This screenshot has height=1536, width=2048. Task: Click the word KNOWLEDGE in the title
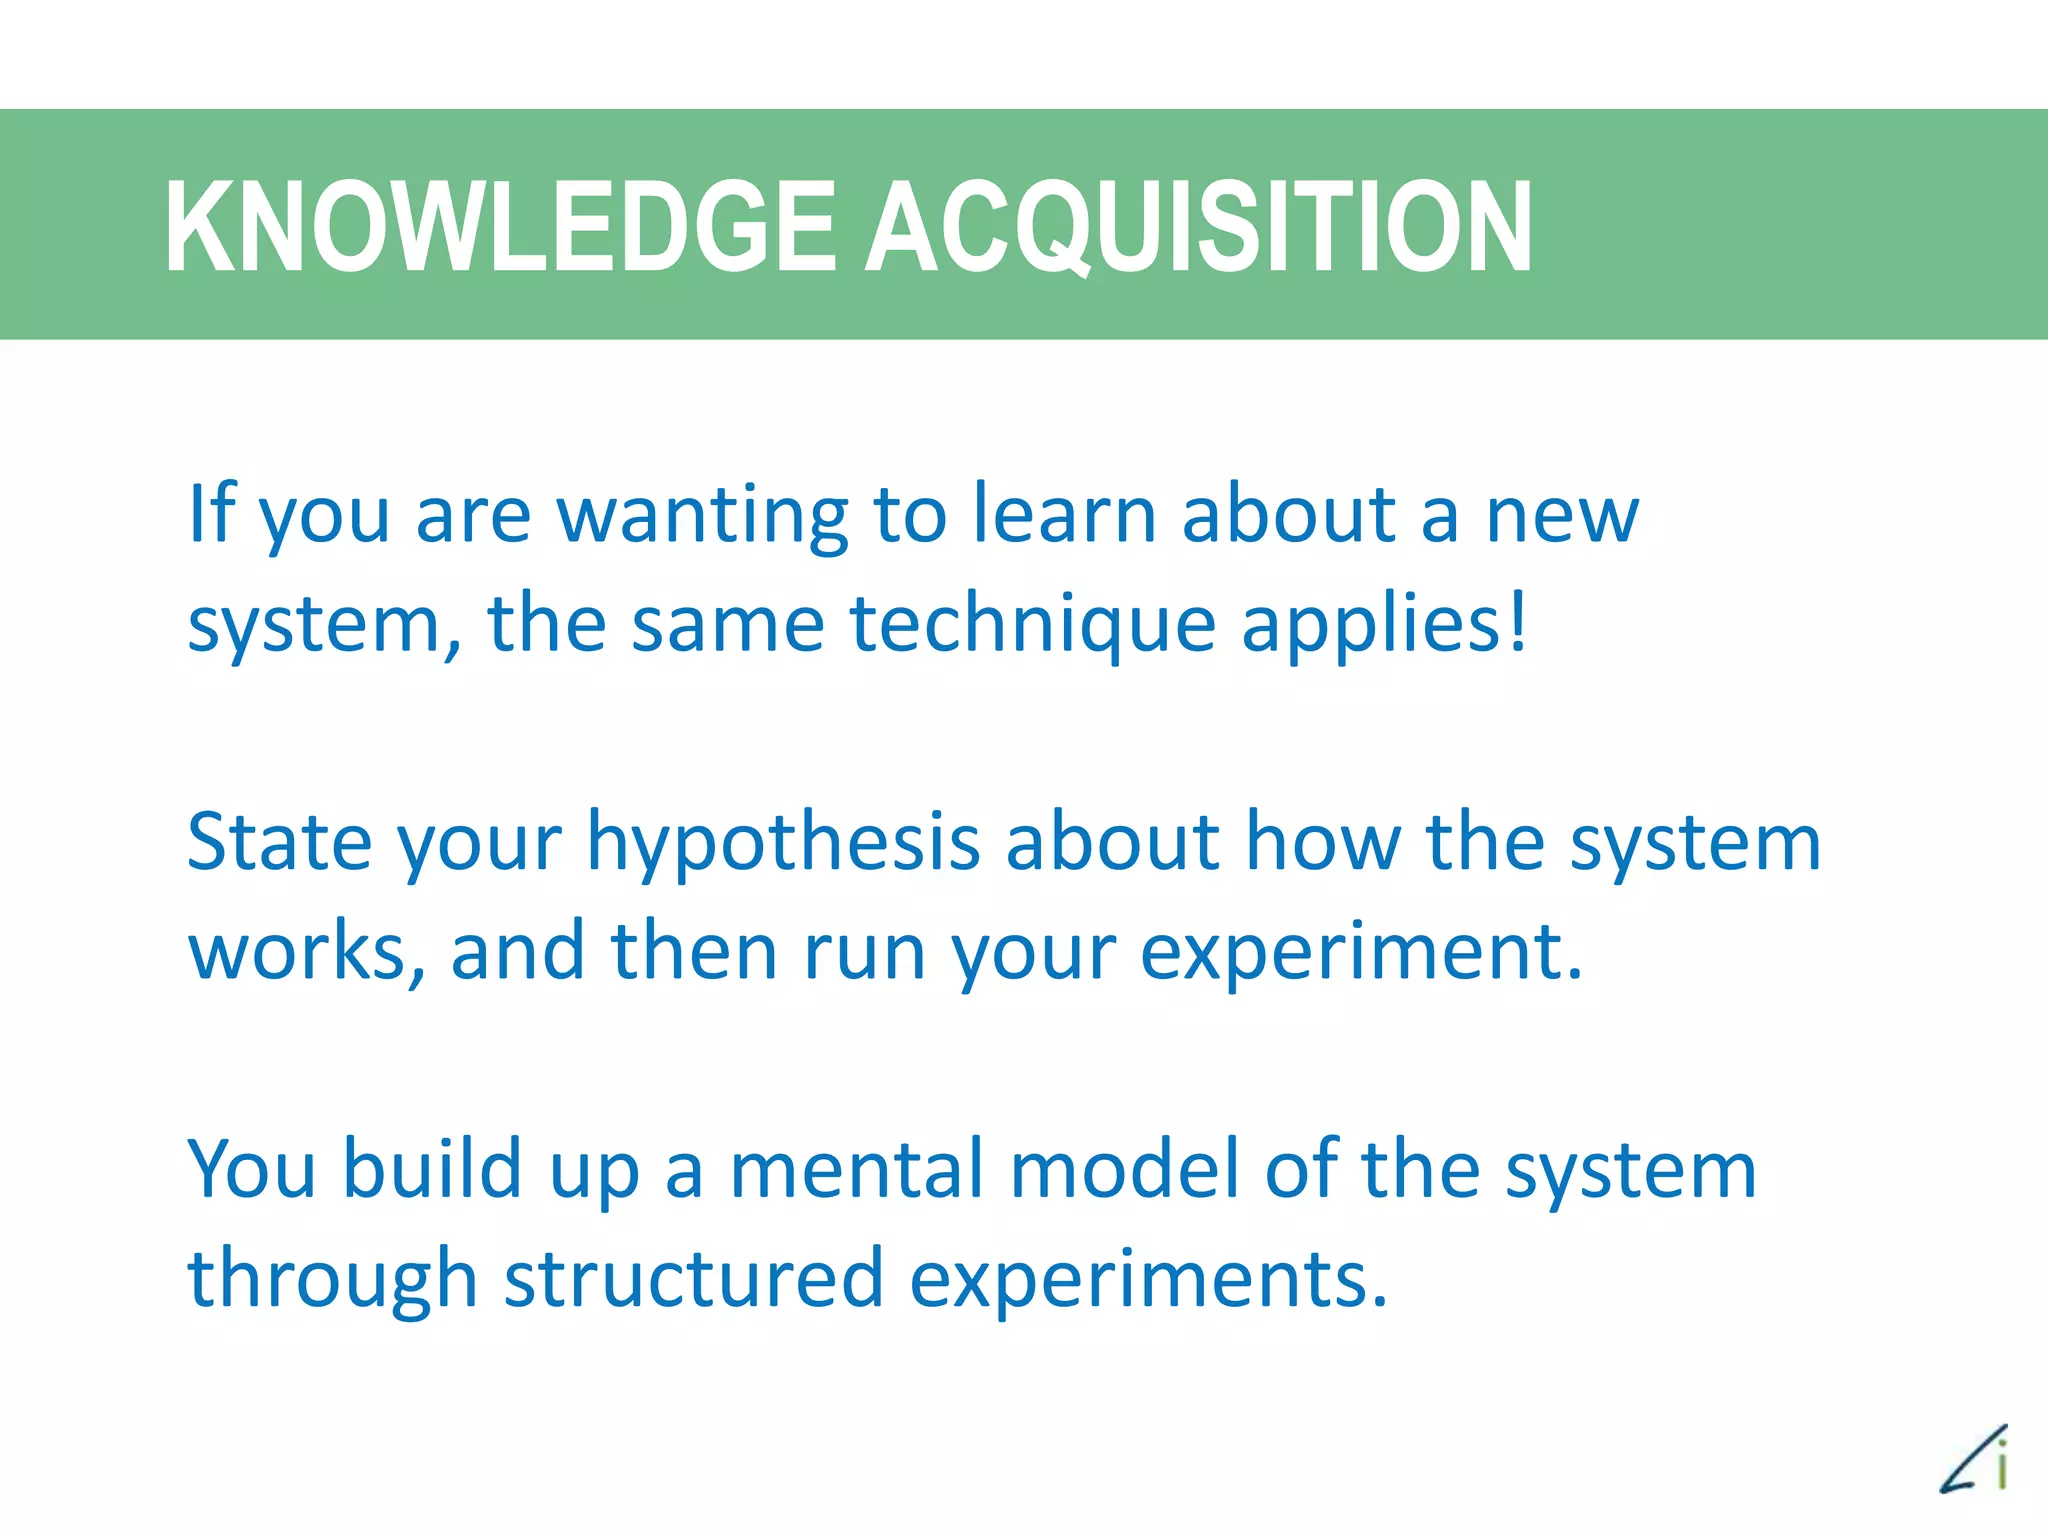pyautogui.click(x=500, y=227)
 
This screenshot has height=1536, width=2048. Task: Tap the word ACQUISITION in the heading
pyautogui.click(x=1197, y=227)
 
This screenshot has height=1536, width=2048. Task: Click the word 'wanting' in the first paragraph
pyautogui.click(x=702, y=515)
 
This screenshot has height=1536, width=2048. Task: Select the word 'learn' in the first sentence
pyautogui.click(x=1064, y=515)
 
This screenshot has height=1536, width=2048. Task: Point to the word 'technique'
pyautogui.click(x=1032, y=625)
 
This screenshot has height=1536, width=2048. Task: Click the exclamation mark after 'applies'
pyautogui.click(x=1518, y=620)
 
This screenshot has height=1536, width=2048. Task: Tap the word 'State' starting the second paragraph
pyautogui.click(x=279, y=842)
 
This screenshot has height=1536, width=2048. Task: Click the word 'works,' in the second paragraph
pyautogui.click(x=306, y=952)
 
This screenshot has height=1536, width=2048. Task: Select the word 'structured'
pyautogui.click(x=693, y=1279)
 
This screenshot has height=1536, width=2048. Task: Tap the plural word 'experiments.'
pyautogui.click(x=1148, y=1281)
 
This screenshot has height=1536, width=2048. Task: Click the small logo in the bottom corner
pyautogui.click(x=1975, y=1460)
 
